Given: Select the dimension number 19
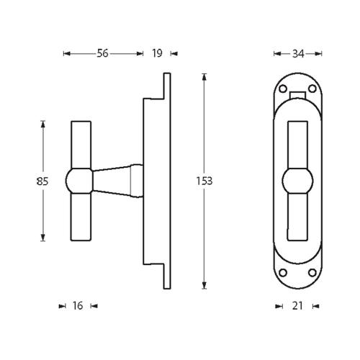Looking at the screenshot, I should pyautogui.click(x=157, y=53).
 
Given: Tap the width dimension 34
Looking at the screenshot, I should pyautogui.click(x=297, y=53).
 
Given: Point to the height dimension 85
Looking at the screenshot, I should pyautogui.click(x=42, y=181).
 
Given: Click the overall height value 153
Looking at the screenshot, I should pyautogui.click(x=204, y=181).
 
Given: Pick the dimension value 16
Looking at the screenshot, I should pyautogui.click(x=78, y=306).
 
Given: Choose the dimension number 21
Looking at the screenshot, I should pyautogui.click(x=297, y=306).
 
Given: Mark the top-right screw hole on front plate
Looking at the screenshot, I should pyautogui.click(x=312, y=90).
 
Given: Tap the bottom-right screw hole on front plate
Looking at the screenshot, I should pyautogui.click(x=312, y=273).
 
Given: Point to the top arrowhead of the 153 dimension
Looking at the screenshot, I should pyautogui.click(x=204, y=76).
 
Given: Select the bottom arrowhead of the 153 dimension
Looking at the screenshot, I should pyautogui.click(x=204, y=285).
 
